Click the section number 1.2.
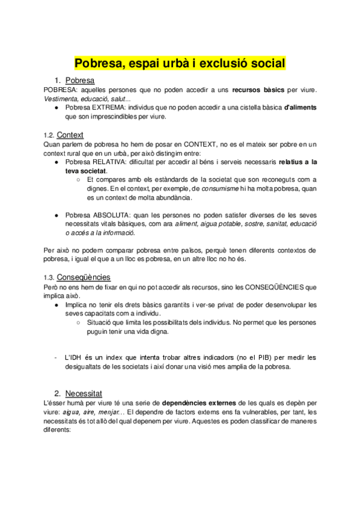[x=49, y=135]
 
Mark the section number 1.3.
[x=49, y=278]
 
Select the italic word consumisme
[x=221, y=188]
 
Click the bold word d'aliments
[x=301, y=108]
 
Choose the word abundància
[x=172, y=197]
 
